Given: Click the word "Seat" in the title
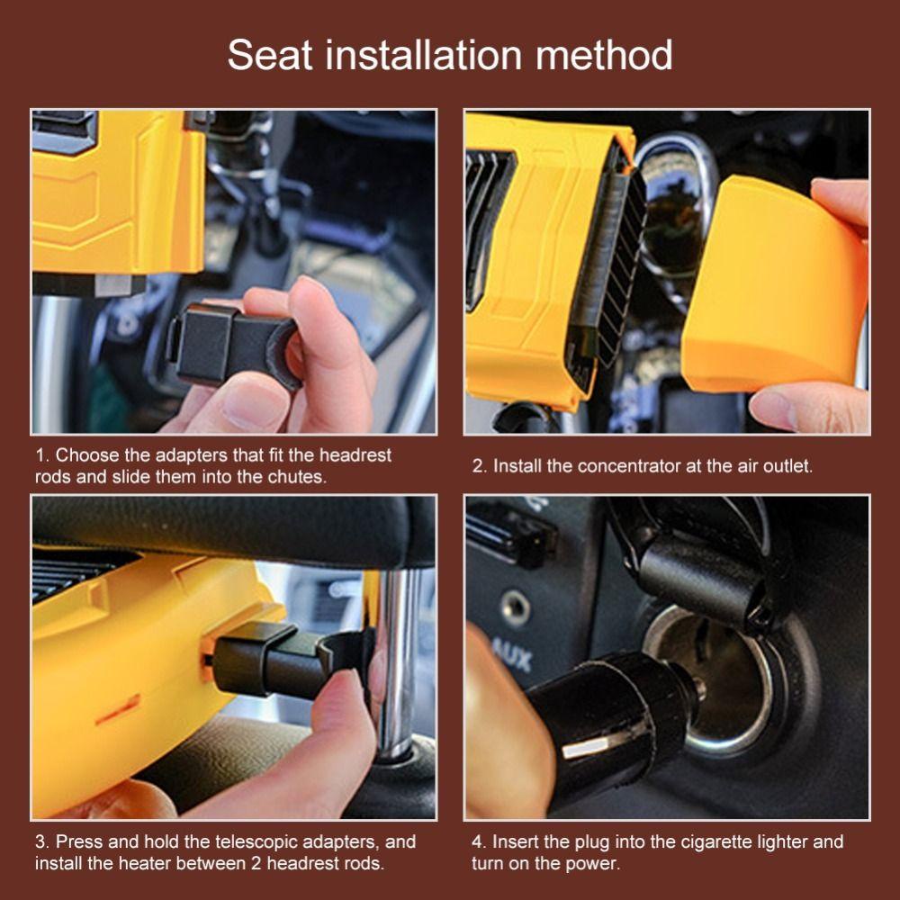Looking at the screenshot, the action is pos(270,55).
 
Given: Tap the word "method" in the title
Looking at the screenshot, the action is pos(604,55).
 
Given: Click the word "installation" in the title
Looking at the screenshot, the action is pos(424,55).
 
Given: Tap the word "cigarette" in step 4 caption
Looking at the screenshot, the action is pos(716,842).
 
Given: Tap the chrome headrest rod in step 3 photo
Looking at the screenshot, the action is pos(397,660).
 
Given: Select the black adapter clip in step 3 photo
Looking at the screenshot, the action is pos(290,660).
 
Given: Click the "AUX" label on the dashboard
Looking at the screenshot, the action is pos(514,654).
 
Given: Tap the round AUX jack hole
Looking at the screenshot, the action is pos(515,608).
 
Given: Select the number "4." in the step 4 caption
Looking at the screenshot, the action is pos(480,842).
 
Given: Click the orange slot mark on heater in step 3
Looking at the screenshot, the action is pos(118,710).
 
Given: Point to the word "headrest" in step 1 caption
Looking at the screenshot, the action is pos(355,455).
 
